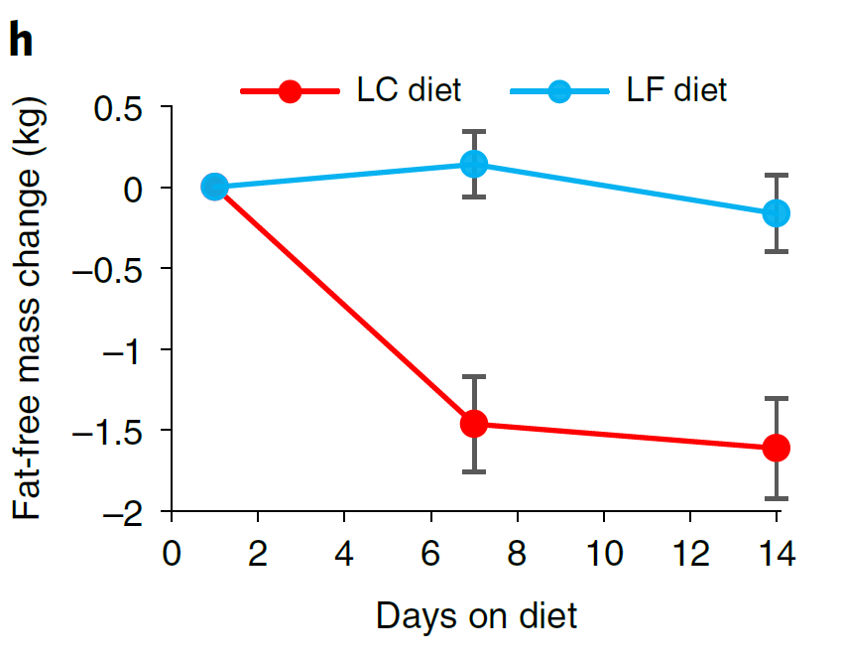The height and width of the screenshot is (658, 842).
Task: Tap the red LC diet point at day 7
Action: click(474, 424)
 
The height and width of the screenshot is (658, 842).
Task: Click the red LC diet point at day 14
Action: click(777, 448)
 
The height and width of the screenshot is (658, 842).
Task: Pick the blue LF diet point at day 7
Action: click(474, 164)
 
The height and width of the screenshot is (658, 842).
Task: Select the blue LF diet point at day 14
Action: click(777, 212)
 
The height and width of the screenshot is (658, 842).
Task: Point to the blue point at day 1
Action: click(214, 187)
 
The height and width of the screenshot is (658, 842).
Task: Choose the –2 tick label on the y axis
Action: click(124, 511)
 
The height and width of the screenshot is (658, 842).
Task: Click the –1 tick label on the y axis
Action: click(124, 349)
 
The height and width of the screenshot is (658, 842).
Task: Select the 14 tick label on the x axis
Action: click(777, 553)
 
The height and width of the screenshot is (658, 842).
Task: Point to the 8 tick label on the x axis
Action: click(517, 553)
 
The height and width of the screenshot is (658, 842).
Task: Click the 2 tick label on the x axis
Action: click(258, 553)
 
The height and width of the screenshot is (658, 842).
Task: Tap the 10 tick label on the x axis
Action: click(603, 553)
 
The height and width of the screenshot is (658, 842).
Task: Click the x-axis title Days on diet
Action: click(476, 615)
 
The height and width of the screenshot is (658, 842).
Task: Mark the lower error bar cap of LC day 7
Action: click(474, 471)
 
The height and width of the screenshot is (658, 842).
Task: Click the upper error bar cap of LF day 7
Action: click(474, 131)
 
